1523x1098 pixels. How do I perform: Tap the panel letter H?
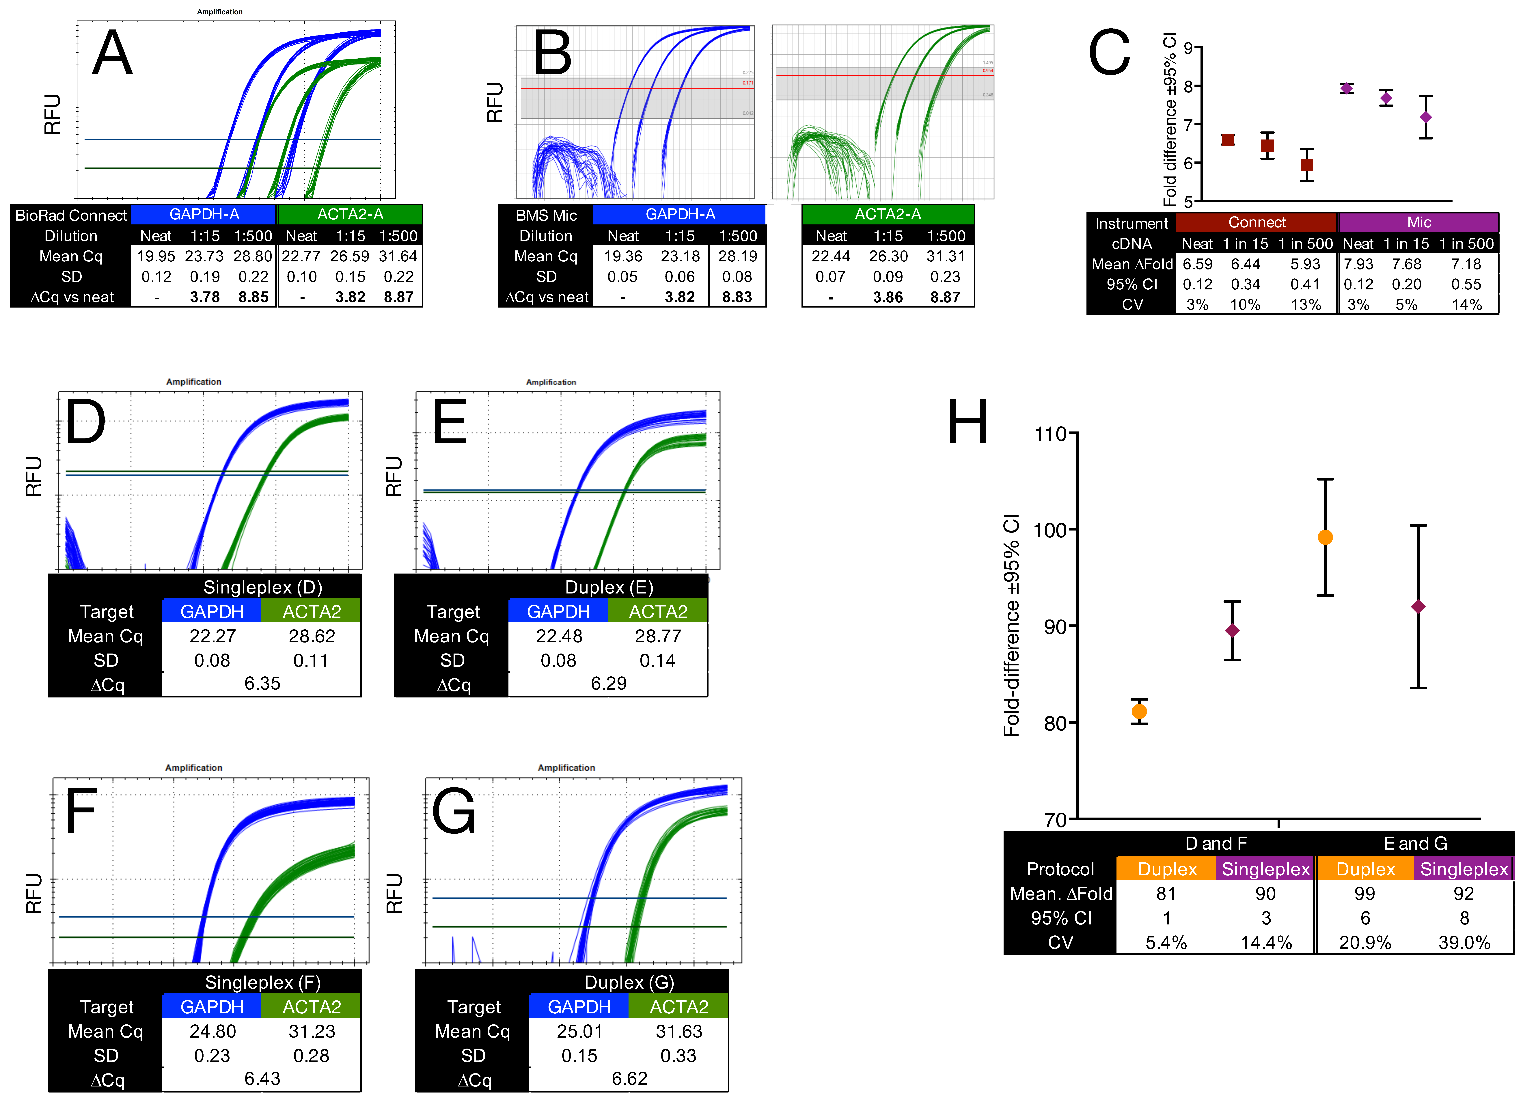pos(968,421)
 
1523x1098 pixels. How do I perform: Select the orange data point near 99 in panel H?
pos(1325,537)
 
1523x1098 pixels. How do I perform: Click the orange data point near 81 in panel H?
pos(1139,711)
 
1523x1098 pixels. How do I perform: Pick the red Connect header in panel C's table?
pos(1256,222)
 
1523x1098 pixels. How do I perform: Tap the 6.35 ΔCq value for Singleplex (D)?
pos(262,684)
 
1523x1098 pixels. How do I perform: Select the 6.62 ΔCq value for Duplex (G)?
pos(629,1079)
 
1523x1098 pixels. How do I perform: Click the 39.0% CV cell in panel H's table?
pos(1464,943)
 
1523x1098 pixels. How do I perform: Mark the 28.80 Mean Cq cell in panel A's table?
pos(252,256)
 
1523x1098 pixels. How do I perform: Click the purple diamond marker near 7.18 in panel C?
pos(1425,118)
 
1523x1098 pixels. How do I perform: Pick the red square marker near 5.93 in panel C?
pos(1306,165)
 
